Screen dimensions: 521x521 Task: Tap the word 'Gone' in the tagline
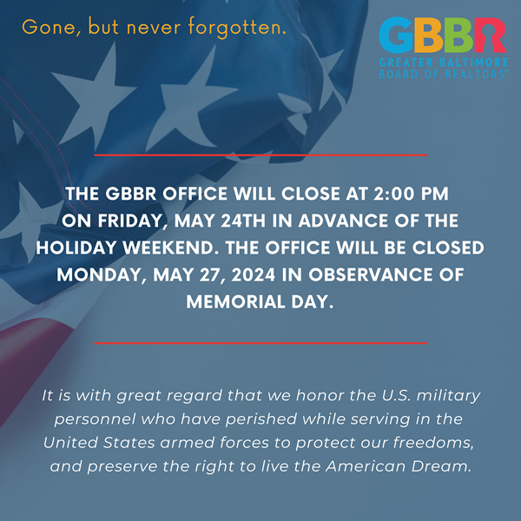click(49, 27)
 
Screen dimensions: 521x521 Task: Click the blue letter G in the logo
click(395, 36)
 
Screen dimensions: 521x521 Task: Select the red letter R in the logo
click(490, 36)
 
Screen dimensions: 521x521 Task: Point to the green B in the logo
click(458, 36)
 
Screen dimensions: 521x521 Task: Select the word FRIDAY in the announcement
click(129, 221)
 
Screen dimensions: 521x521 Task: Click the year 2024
click(254, 274)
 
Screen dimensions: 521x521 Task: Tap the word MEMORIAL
click(235, 301)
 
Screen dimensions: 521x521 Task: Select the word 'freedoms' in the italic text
click(433, 443)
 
